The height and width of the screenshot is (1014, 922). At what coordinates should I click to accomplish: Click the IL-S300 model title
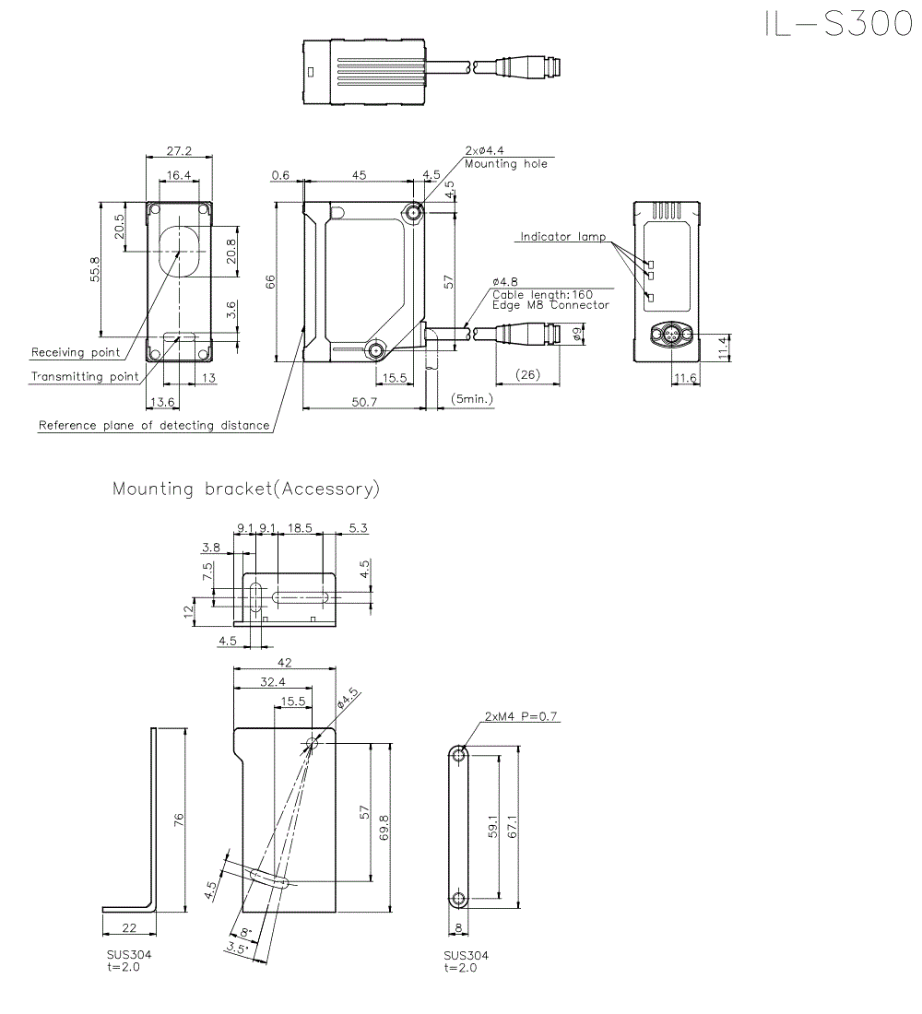(x=837, y=24)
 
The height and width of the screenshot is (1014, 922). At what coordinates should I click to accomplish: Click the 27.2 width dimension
(x=180, y=151)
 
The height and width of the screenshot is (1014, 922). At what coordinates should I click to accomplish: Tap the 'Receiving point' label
(x=76, y=352)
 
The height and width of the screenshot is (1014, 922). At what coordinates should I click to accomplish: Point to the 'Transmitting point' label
(x=85, y=376)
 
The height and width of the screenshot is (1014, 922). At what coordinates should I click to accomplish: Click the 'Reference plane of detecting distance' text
(x=154, y=425)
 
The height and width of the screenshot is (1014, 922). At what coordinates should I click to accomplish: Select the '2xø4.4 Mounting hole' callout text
(x=505, y=158)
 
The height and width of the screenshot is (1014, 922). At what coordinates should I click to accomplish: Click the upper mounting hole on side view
(x=414, y=214)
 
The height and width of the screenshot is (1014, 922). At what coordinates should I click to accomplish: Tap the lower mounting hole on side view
(x=376, y=349)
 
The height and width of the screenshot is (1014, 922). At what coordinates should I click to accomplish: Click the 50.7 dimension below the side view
(x=364, y=401)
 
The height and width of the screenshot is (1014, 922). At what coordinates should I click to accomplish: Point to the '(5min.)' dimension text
(x=472, y=399)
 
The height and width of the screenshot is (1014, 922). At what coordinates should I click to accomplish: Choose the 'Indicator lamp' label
(x=562, y=237)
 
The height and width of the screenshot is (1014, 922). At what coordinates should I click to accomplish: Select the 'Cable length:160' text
(x=542, y=294)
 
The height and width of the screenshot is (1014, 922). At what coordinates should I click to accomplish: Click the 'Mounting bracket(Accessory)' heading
(x=245, y=489)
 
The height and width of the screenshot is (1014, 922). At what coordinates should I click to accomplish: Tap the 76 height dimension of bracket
(x=180, y=818)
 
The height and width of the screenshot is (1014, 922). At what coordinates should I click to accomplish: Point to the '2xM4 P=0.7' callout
(x=521, y=716)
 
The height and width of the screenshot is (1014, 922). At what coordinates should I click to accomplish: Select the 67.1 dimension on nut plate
(x=514, y=826)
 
